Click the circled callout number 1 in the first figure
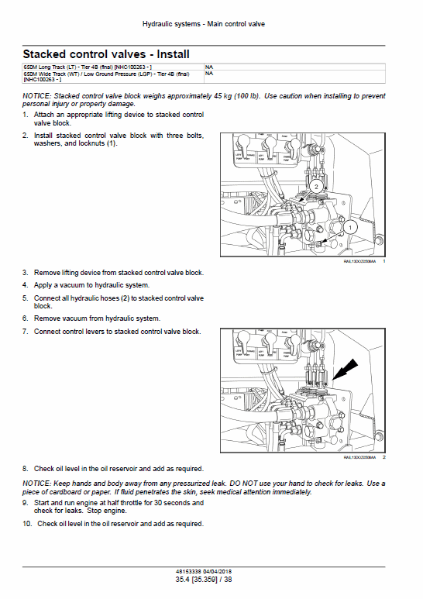coord(349,227)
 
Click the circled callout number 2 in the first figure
coord(315,187)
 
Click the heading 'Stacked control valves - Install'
coord(106,54)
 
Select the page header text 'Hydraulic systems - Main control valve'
coord(204,25)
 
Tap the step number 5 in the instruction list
coord(26,298)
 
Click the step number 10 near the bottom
coord(27,524)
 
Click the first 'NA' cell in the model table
coord(209,67)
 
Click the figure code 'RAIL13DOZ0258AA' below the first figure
coord(359,262)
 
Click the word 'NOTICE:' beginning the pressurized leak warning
coord(38,484)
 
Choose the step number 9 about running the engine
coord(26,503)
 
